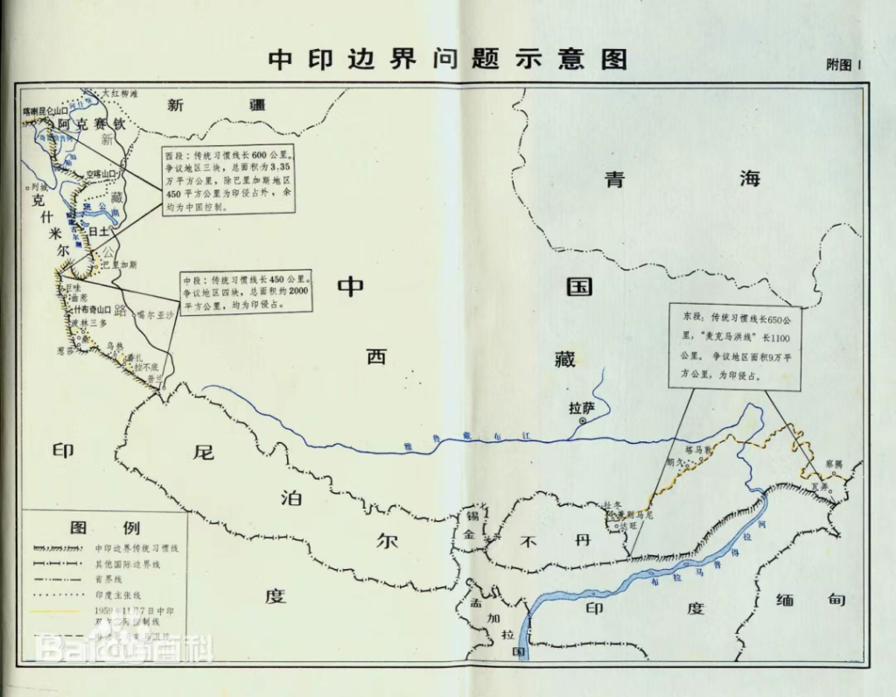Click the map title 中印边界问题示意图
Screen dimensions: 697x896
pyautogui.click(x=447, y=59)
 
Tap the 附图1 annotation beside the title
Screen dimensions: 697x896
pyautogui.click(x=844, y=65)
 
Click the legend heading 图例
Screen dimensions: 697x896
pyautogui.click(x=94, y=528)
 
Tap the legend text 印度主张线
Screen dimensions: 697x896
pyautogui.click(x=118, y=595)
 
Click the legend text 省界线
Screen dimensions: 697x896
pyautogui.click(x=108, y=579)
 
